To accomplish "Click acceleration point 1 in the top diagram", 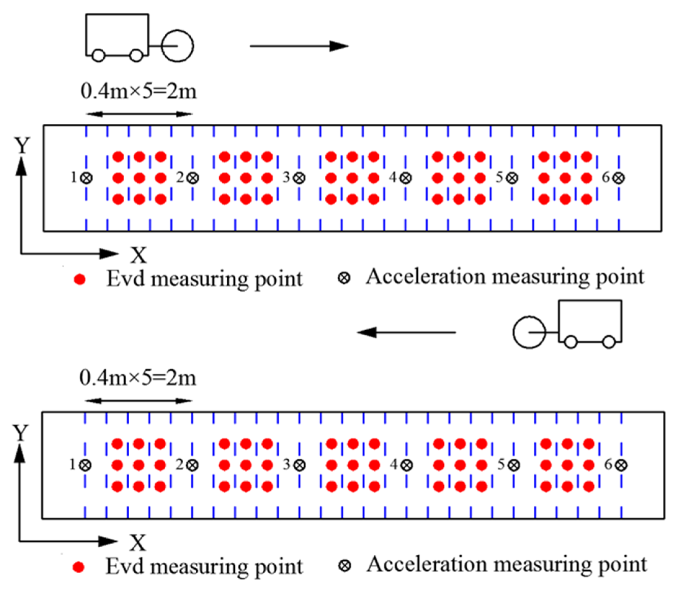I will (87, 178).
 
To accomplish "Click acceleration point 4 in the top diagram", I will (406, 178).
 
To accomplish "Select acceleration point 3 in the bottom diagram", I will (299, 465).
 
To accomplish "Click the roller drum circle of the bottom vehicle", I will (529, 333).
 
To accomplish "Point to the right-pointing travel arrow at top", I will (299, 46).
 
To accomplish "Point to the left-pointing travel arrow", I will (407, 332).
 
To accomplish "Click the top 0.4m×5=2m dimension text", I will (139, 91).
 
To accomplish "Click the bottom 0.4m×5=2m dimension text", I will (138, 378).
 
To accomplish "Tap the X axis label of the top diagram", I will (138, 255).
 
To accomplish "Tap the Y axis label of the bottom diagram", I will (20, 433).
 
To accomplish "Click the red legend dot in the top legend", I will (79, 279).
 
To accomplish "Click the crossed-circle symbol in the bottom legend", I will (345, 566).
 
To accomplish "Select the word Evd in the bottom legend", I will (125, 566).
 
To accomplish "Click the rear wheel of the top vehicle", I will (98, 56).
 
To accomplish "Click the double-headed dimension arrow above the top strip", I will (139, 114).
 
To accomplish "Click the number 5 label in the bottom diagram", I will (501, 465).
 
